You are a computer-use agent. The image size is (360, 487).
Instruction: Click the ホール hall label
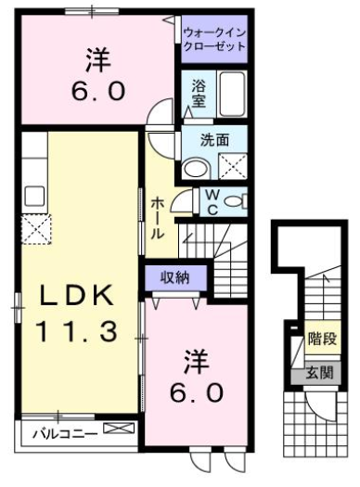[x=159, y=217]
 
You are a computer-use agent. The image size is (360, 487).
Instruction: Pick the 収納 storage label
[x=174, y=276]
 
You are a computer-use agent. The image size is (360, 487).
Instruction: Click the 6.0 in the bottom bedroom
[x=196, y=393]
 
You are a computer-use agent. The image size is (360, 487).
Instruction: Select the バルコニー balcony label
[x=58, y=432]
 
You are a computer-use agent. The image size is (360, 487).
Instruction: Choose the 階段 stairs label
[x=321, y=340]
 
